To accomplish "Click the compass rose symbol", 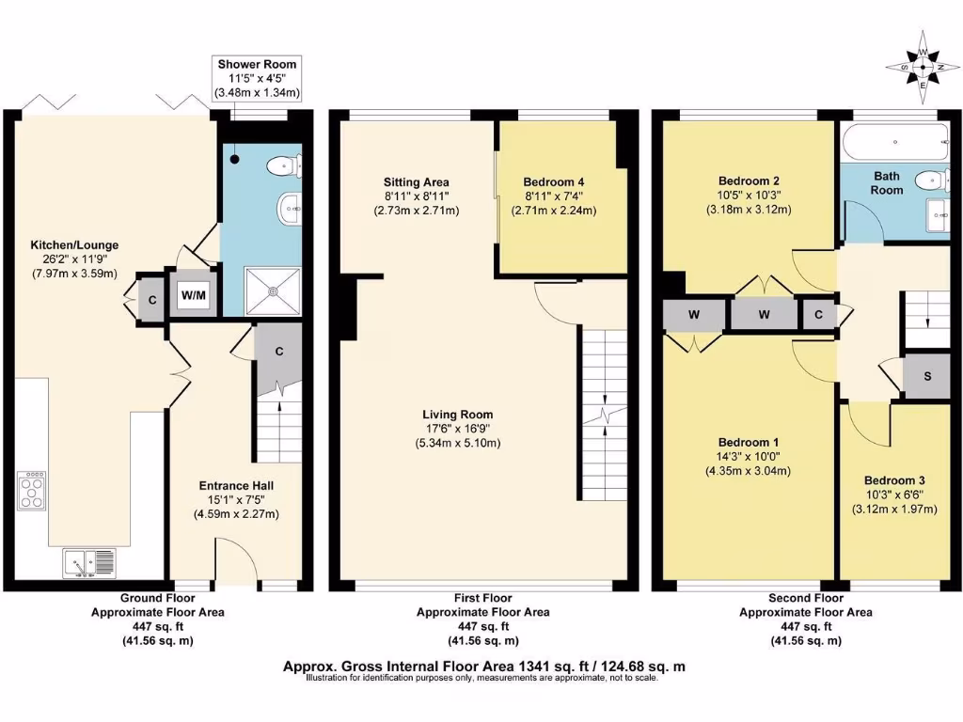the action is pyautogui.click(x=923, y=67).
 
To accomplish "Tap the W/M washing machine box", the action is pyautogui.click(x=193, y=295).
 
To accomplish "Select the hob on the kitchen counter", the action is pyautogui.click(x=33, y=491).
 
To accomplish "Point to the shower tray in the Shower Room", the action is pyautogui.click(x=273, y=291).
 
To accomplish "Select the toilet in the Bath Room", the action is pyautogui.click(x=931, y=180).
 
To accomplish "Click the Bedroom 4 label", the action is pyautogui.click(x=553, y=182).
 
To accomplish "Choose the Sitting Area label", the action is pyautogui.click(x=417, y=182).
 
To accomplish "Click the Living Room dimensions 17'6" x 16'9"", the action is pyautogui.click(x=458, y=429).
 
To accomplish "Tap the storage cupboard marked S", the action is pyautogui.click(x=926, y=376).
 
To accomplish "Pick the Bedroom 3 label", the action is pyautogui.click(x=894, y=480).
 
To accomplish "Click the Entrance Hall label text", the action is pyautogui.click(x=236, y=486).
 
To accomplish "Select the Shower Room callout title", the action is pyautogui.click(x=257, y=65).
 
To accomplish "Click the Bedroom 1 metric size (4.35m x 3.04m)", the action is pyautogui.click(x=748, y=472).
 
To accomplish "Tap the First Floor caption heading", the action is pyautogui.click(x=482, y=598).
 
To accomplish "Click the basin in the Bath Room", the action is pyautogui.click(x=938, y=215).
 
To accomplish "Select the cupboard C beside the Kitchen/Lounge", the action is pyautogui.click(x=151, y=300).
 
